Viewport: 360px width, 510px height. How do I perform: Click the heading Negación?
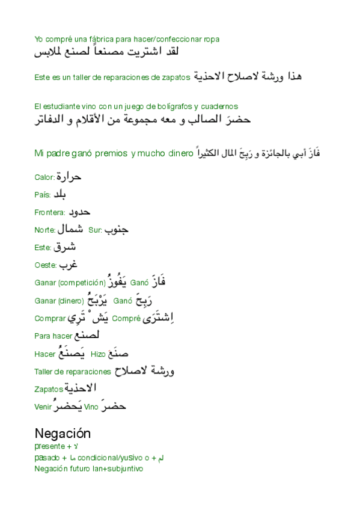tap(63, 433)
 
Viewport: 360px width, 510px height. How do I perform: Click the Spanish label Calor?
tap(44, 177)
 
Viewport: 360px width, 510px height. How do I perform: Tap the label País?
tap(43, 195)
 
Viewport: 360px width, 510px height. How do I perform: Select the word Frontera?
tap(49, 212)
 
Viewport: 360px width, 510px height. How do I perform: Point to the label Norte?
tap(44, 230)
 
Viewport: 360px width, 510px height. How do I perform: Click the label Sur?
tap(94, 230)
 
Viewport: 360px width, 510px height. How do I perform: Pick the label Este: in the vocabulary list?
tap(43, 247)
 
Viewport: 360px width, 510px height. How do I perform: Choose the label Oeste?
tap(45, 265)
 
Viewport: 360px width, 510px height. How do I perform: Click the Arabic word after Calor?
tap(67, 177)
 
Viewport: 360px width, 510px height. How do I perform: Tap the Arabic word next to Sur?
tap(117, 229)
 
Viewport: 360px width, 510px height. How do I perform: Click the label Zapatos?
tap(49, 389)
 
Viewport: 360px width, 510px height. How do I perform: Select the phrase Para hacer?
tap(53, 336)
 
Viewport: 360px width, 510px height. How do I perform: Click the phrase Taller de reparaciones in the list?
tap(73, 372)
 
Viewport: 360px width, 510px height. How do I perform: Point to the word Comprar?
tap(49, 318)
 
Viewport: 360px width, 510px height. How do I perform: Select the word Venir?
tap(43, 407)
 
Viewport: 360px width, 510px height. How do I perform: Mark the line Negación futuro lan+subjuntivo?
tap(88, 469)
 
